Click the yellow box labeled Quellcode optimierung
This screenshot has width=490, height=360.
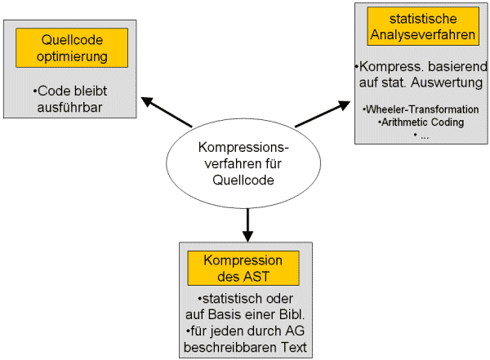[72, 48]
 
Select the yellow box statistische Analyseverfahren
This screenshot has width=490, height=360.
[423, 27]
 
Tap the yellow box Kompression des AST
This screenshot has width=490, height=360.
[243, 268]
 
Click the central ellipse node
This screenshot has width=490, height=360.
[243, 163]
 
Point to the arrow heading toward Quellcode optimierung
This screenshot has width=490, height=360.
[167, 112]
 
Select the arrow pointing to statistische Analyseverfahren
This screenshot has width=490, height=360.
[323, 113]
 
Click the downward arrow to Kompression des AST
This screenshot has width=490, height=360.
[247, 225]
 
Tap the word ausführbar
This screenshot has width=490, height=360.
[69, 108]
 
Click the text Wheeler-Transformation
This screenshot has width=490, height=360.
[422, 109]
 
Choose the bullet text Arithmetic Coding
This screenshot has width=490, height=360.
[422, 122]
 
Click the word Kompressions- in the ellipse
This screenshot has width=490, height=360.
[243, 148]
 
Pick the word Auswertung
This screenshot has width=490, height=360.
[447, 82]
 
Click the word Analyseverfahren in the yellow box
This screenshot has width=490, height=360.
[423, 35]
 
